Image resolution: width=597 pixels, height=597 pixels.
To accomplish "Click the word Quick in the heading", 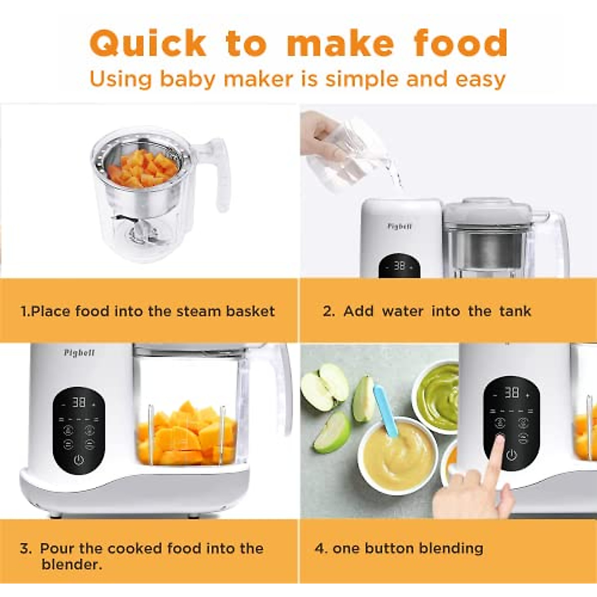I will [148, 44].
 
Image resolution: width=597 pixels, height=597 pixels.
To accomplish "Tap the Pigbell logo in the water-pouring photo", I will [399, 226].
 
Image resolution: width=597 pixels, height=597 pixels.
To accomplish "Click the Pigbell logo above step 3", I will [79, 353].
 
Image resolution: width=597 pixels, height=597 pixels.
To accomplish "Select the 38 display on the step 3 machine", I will [79, 402].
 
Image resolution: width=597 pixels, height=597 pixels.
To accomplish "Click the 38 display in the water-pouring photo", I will [399, 267].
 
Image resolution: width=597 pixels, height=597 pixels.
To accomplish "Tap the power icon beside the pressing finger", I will [511, 455].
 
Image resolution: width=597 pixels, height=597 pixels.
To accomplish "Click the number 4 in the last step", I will [320, 548].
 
